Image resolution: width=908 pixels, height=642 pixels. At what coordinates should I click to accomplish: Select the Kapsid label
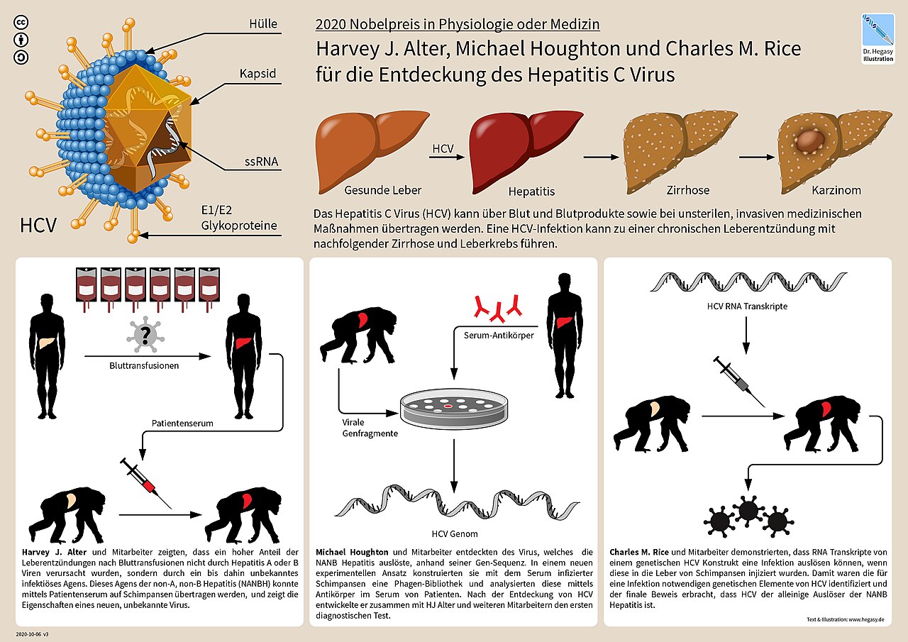(258, 74)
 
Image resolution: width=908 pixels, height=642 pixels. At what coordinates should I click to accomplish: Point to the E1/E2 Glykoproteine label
(239, 218)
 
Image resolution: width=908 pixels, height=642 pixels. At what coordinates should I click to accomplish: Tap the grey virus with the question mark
(145, 334)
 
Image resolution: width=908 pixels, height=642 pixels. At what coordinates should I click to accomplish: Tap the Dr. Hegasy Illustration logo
(877, 37)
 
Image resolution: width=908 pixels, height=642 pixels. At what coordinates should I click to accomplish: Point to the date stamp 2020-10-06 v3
(37, 631)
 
